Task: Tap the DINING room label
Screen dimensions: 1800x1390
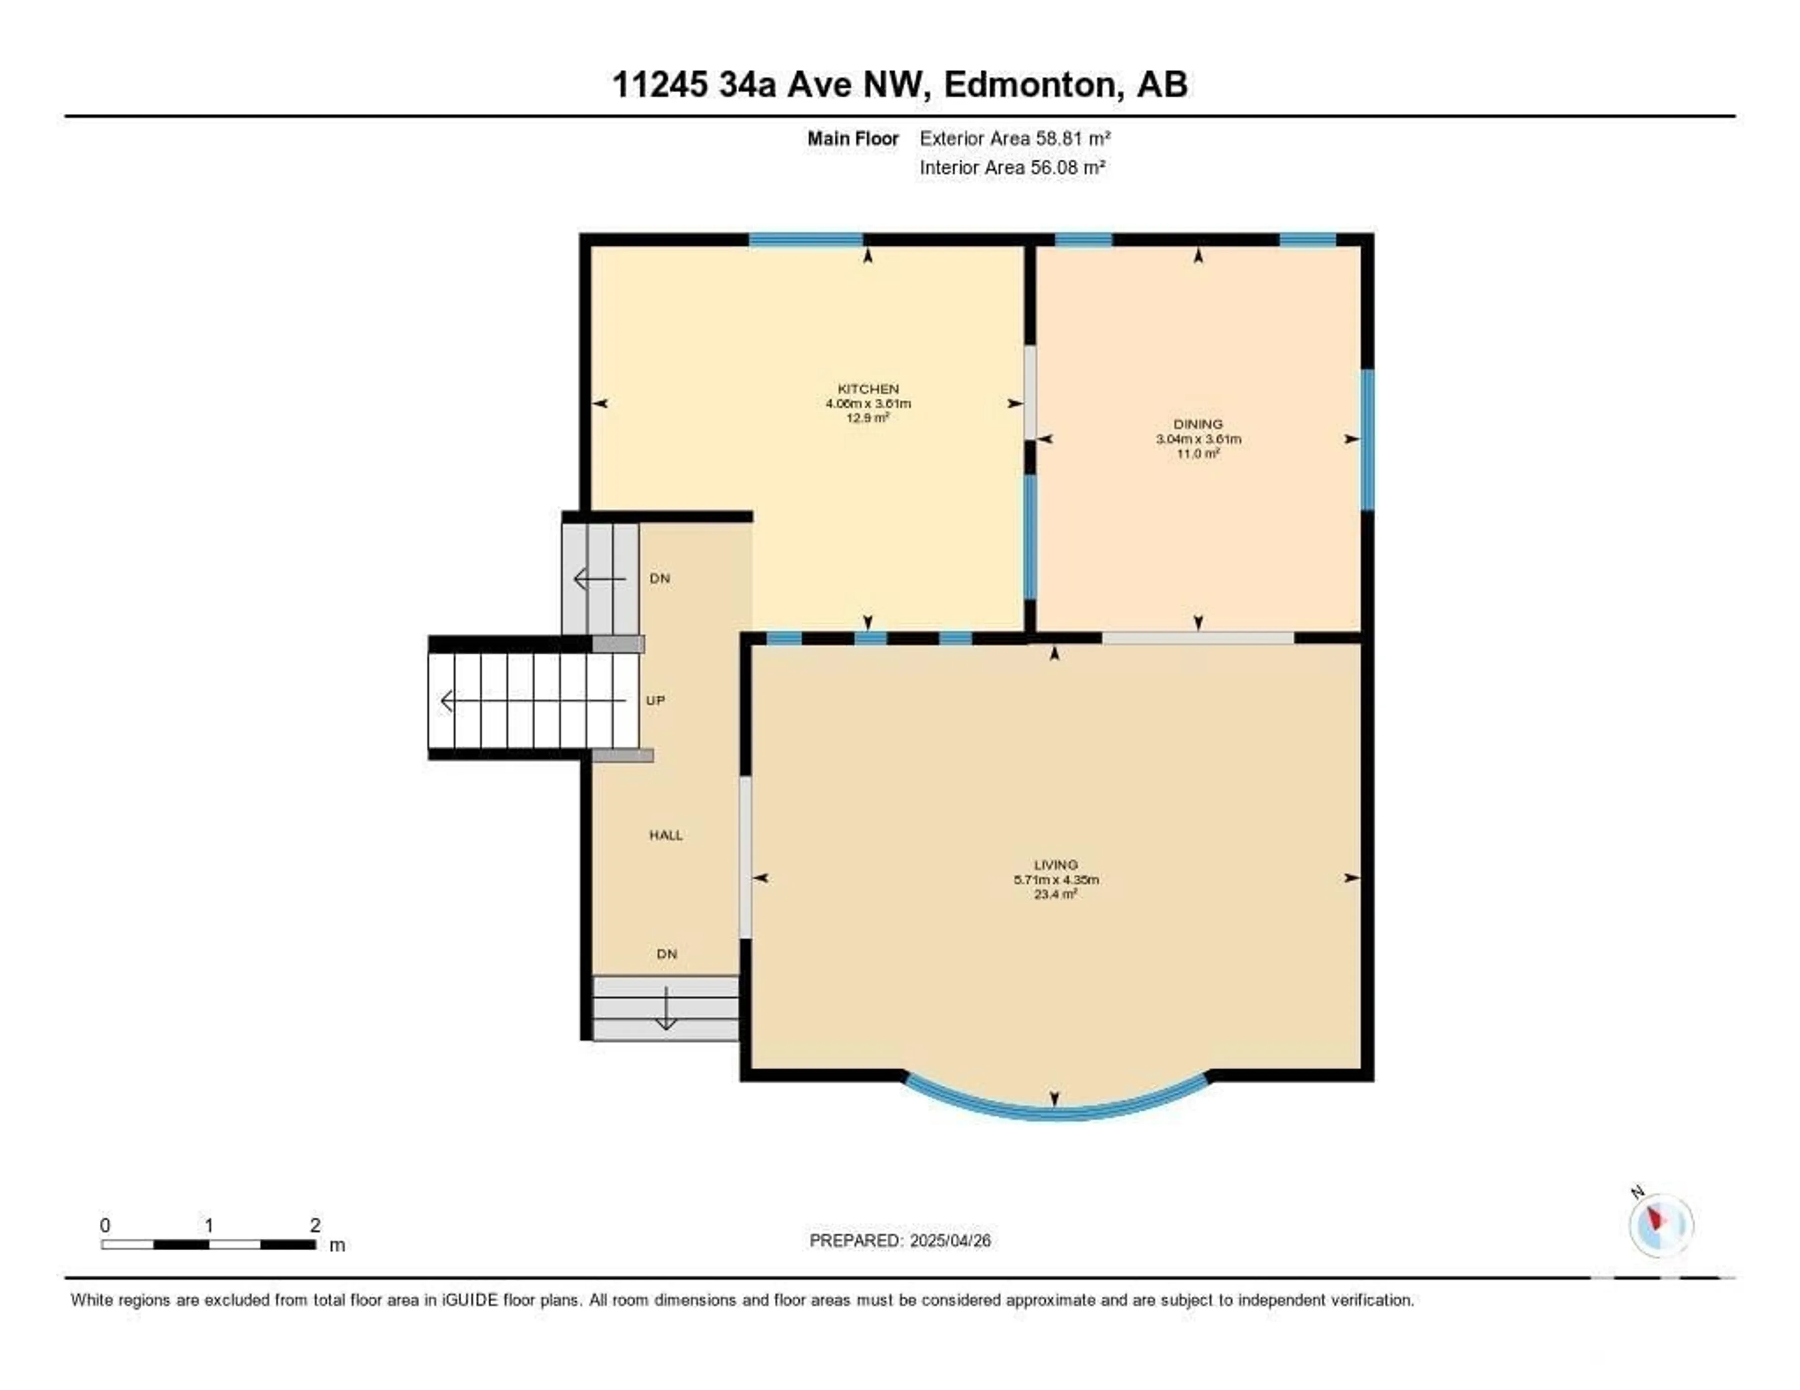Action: tap(1198, 424)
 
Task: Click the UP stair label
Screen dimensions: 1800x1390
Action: tap(655, 700)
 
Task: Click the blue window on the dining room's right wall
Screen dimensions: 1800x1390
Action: tap(1367, 439)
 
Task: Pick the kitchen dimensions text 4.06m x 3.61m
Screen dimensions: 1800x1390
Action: tap(868, 404)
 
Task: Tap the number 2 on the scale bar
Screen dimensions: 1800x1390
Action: tap(315, 1225)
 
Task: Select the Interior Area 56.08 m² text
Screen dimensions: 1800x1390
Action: tap(1012, 167)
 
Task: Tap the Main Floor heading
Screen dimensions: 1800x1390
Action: tap(853, 138)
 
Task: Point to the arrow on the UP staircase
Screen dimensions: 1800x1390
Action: tap(534, 701)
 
